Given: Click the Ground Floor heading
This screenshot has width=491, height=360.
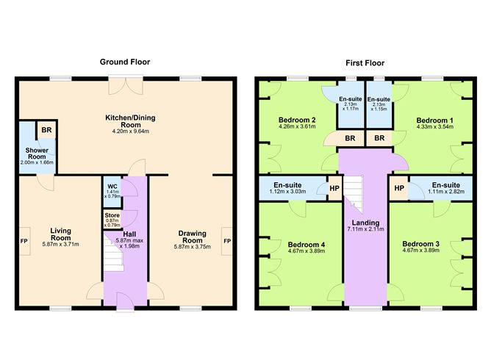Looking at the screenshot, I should (125, 62).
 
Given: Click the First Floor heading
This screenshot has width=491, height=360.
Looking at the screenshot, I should (365, 63).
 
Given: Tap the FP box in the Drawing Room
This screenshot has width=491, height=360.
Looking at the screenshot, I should (226, 241).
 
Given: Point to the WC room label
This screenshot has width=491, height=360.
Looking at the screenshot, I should (112, 187).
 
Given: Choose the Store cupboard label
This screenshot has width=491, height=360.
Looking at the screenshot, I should (112, 215).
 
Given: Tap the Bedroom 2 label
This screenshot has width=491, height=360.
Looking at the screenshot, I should (297, 120).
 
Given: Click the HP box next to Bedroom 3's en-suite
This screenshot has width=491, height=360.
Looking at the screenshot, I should (398, 188).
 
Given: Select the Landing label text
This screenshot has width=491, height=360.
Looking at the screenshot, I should (365, 223).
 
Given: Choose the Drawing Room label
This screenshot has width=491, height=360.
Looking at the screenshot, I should (192, 237).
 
